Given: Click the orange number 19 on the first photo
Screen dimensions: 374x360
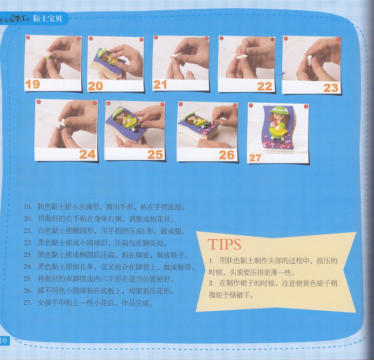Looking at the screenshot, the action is (32, 84).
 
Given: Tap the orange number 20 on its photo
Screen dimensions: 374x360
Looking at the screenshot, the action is (95, 86).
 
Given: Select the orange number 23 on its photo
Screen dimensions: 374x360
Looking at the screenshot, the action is (331, 88).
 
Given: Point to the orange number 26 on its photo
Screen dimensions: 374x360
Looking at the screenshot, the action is (227, 155).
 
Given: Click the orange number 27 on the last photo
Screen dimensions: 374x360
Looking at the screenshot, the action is (255, 158).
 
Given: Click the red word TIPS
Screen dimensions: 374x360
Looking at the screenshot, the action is (224, 244).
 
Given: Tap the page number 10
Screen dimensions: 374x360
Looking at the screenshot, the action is (3, 341).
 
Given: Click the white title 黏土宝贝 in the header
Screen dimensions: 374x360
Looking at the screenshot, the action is (47, 18).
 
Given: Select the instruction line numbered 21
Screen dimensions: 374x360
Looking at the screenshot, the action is (104, 231).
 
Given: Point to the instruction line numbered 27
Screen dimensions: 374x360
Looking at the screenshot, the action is (88, 303).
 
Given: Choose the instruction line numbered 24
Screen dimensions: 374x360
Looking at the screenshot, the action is (109, 267).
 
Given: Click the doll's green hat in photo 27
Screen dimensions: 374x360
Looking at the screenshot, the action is (279, 110).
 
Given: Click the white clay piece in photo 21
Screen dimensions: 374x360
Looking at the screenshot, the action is (176, 55).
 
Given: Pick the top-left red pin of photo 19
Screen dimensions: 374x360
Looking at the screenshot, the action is (28, 38).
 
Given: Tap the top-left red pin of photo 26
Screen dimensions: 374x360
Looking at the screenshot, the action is (181, 104).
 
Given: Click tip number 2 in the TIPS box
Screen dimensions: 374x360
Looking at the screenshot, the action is (273, 289).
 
